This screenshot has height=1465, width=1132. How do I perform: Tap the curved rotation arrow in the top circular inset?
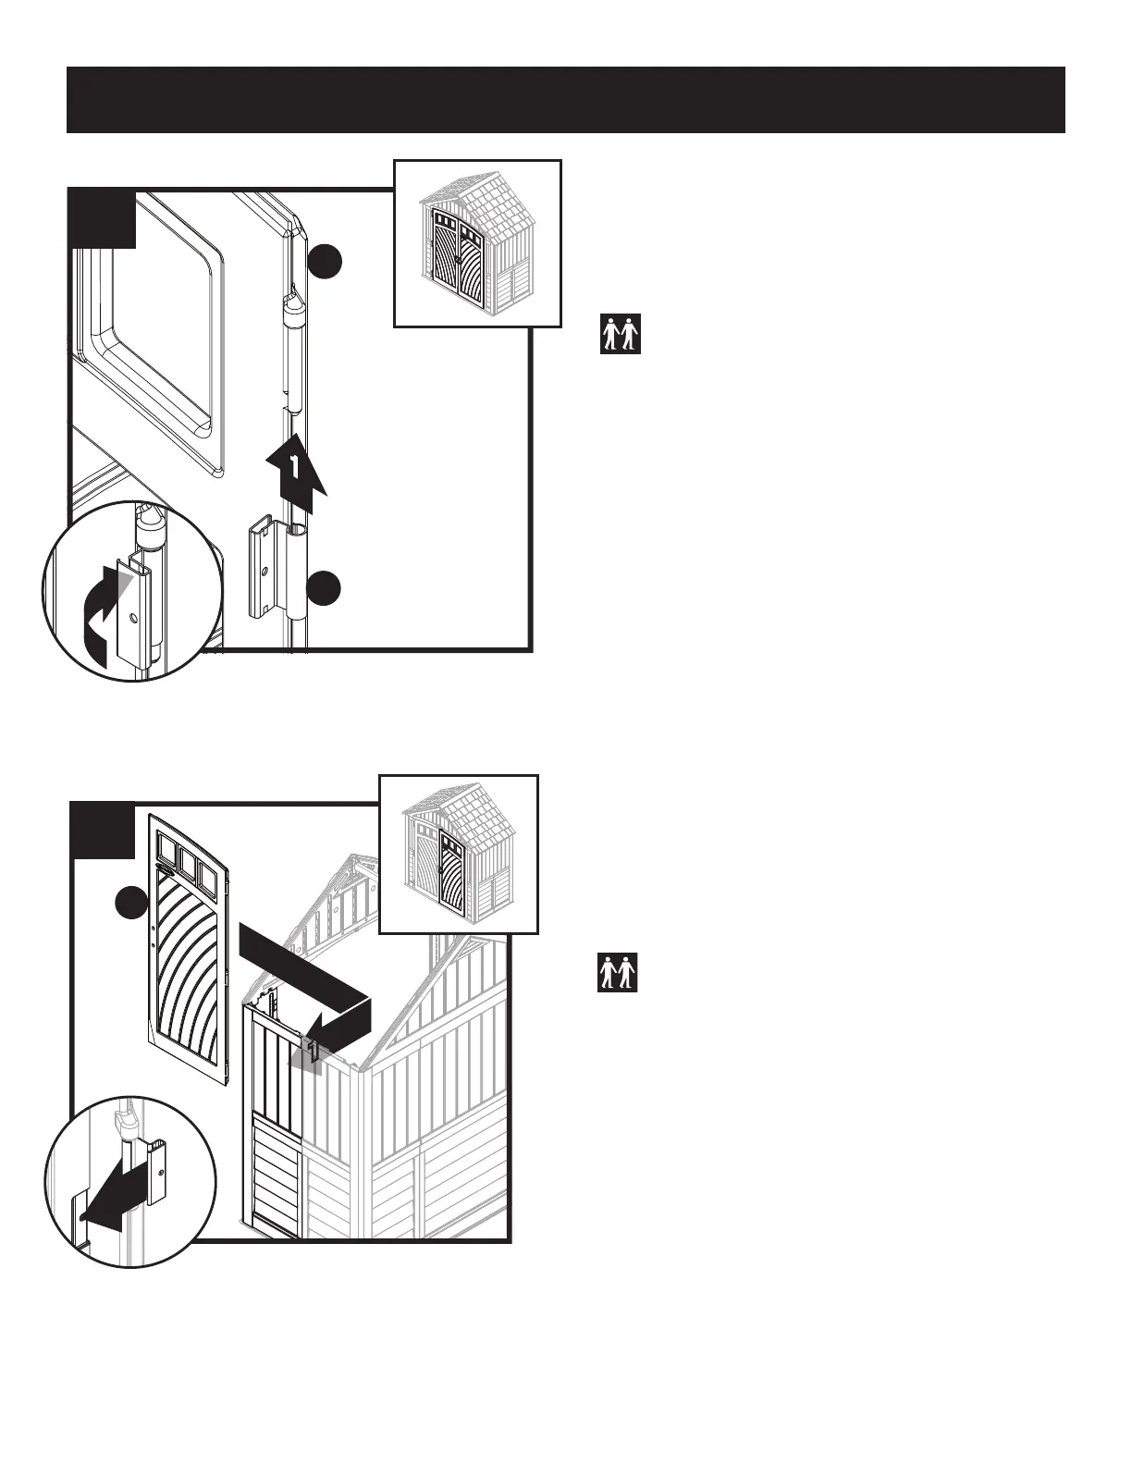coord(100,611)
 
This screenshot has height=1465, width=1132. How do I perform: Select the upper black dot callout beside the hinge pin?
coord(325,262)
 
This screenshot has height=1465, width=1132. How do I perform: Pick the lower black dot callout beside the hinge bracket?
coord(325,588)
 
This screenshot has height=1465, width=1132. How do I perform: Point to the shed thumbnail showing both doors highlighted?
coord(477,244)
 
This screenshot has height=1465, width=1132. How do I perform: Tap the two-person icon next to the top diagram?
coord(620,334)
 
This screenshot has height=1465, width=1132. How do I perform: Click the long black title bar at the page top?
coord(565,100)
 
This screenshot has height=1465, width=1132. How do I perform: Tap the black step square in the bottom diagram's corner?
coord(103,830)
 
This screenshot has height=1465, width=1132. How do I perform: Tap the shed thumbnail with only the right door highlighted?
coord(459,855)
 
